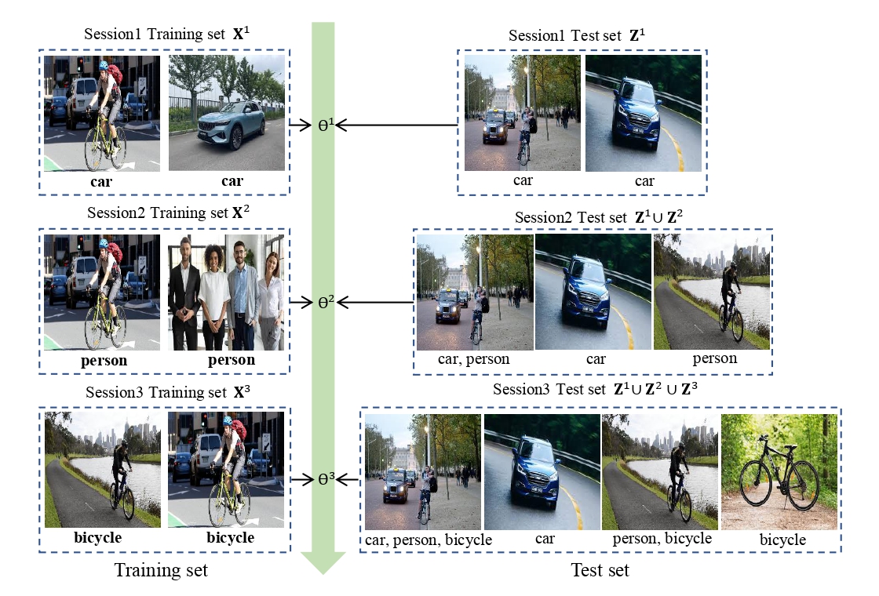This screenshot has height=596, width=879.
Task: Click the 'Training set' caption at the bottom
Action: click(162, 570)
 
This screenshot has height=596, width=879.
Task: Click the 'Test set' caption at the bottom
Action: click(600, 570)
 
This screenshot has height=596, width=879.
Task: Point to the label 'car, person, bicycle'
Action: click(428, 540)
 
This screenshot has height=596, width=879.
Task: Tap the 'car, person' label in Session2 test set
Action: click(473, 359)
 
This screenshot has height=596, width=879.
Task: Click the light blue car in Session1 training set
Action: click(228, 123)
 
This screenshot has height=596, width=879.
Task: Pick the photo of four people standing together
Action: click(226, 292)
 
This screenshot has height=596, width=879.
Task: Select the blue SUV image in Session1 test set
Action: click(644, 114)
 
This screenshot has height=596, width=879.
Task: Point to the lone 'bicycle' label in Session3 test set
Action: click(782, 540)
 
